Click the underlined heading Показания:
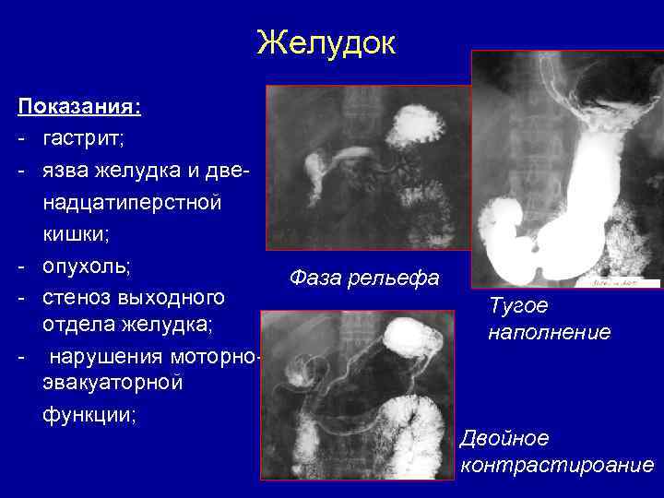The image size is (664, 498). click(79, 107)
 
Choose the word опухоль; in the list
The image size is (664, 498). click(87, 267)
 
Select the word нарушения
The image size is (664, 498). click(101, 356)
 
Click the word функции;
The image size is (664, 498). click(89, 414)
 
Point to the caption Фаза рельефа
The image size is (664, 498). click(364, 278)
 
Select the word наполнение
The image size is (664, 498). click(549, 332)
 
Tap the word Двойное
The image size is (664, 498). click(504, 437)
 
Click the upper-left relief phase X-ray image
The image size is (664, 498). click(367, 167)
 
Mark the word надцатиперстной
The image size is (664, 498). click(131, 203)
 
